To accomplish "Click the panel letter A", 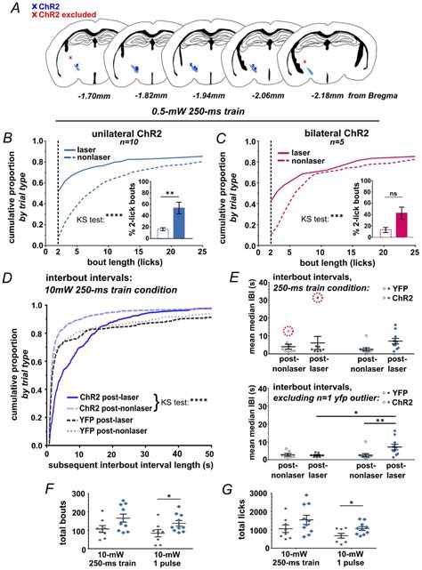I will [11, 8].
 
